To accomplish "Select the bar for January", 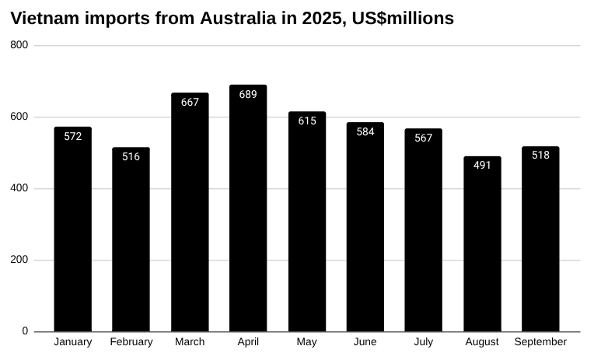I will (x=73, y=233).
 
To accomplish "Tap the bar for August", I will (x=482, y=249).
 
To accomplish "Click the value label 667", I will (x=190, y=102).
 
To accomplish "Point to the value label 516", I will (x=131, y=156).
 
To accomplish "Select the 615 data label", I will (x=307, y=121).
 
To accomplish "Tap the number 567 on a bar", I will (x=424, y=138).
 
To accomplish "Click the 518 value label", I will (x=540, y=155).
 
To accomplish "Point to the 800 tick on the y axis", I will (x=19, y=45).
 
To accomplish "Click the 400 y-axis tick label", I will (x=19, y=188).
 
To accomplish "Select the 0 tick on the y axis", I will (x=25, y=331).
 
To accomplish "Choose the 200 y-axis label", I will (x=19, y=260).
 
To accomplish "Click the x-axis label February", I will (x=131, y=342).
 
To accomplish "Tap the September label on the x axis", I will (x=540, y=342).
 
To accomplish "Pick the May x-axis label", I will (x=307, y=342).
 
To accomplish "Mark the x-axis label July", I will (x=424, y=342).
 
